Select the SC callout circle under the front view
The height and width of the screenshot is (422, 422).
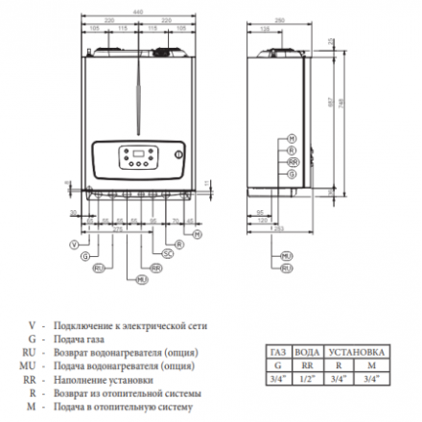pyautogui.click(x=167, y=253)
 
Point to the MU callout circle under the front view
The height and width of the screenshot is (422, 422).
pyautogui.click(x=142, y=278)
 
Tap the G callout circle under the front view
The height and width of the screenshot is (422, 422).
pyautogui.click(x=85, y=257)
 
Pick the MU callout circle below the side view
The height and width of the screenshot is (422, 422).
pyautogui.click(x=285, y=257)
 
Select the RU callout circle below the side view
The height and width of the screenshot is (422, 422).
pyautogui.click(x=285, y=270)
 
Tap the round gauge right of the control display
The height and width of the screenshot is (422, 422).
pyautogui.click(x=176, y=153)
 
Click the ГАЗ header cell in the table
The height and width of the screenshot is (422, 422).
pyautogui.click(x=277, y=353)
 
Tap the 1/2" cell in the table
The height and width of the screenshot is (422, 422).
pyautogui.click(x=306, y=378)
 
